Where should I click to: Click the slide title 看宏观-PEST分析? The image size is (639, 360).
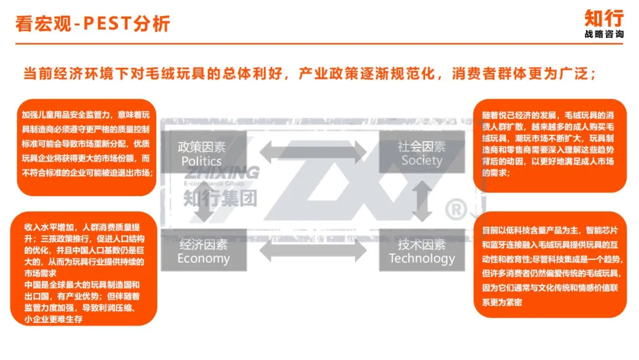[x=93, y=23]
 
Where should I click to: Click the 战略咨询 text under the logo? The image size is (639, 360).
[x=603, y=35]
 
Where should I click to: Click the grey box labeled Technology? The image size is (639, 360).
[x=422, y=250]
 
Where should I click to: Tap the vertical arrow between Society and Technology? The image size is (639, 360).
[x=422, y=201]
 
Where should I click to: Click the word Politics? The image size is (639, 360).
[x=202, y=161]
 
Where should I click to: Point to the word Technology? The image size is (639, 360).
[x=422, y=259]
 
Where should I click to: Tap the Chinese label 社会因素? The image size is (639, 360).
[x=422, y=146]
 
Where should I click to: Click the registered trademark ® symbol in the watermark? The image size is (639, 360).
[x=457, y=209]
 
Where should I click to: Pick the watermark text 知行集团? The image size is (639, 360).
[x=220, y=197]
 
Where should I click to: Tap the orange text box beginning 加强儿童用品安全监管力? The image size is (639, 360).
[x=86, y=147]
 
